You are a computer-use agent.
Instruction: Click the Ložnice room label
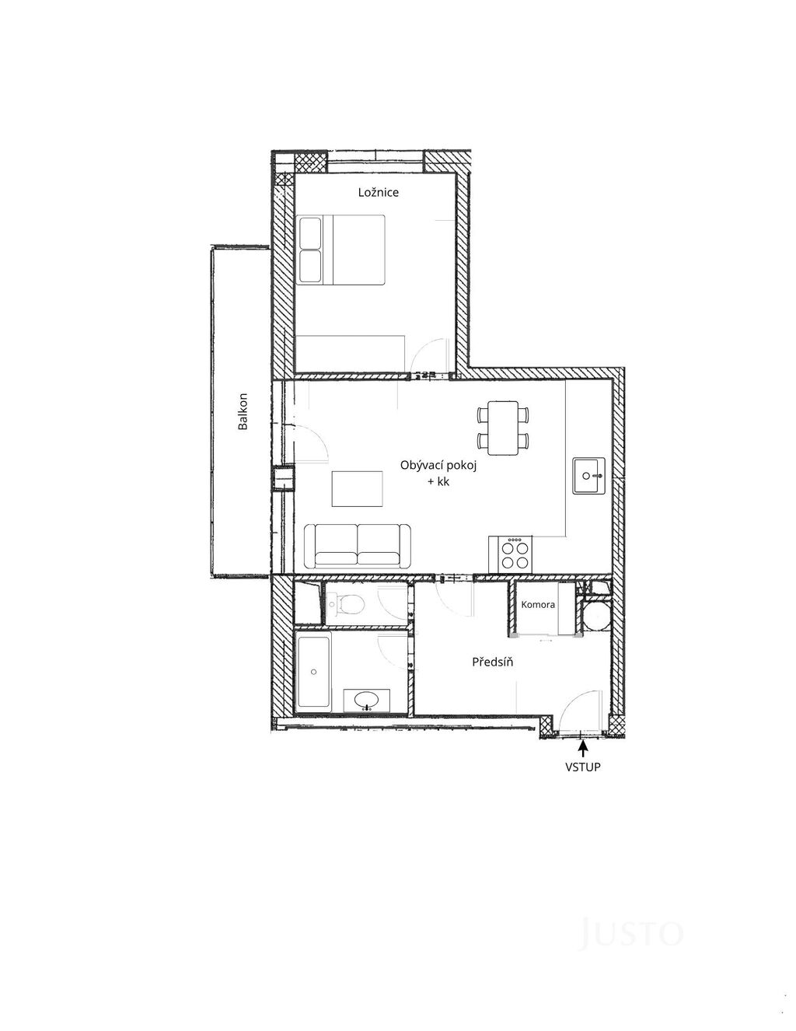378,192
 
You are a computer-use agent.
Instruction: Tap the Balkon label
243,411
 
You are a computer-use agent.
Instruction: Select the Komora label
538,604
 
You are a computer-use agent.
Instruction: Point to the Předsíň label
492,662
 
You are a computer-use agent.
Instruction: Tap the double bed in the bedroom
340,250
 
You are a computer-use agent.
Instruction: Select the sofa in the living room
358,546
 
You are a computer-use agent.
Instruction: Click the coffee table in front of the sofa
358,489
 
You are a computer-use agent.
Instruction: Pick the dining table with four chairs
503,428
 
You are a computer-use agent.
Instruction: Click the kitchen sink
588,475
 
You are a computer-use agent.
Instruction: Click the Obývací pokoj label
438,465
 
